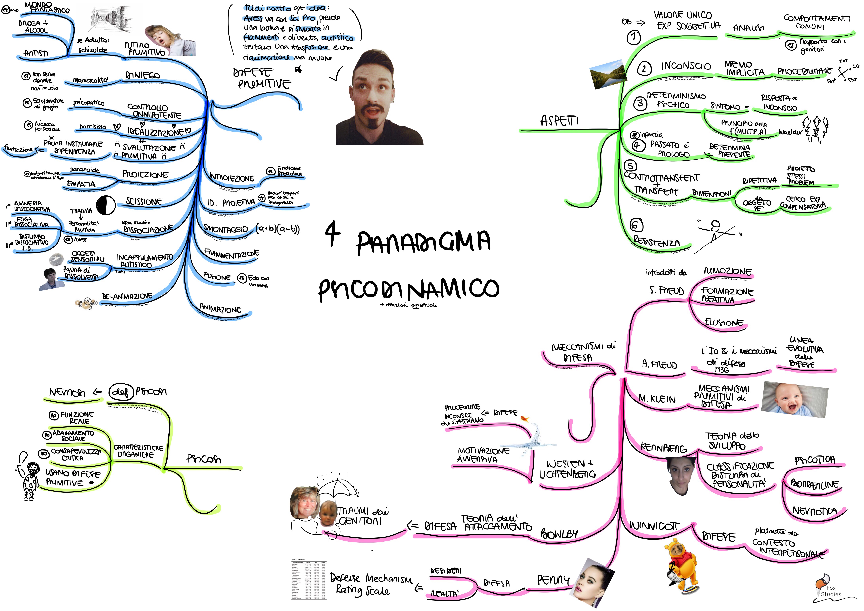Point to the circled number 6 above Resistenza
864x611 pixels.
(636, 225)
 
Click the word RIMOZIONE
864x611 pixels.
(728, 272)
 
